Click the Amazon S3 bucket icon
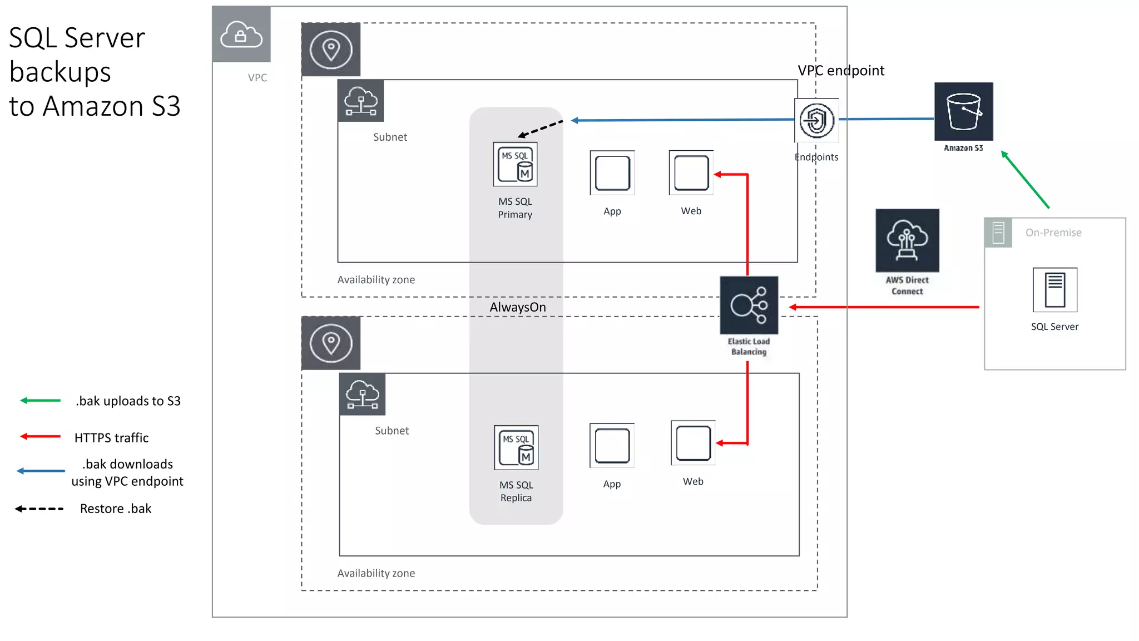pyautogui.click(x=963, y=111)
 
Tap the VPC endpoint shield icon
pyautogui.click(x=816, y=120)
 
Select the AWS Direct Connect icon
pyautogui.click(x=907, y=240)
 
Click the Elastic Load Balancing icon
pyautogui.click(x=749, y=305)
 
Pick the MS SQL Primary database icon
pyautogui.click(x=515, y=164)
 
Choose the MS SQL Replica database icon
pyautogui.click(x=516, y=448)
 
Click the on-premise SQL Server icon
pyautogui.click(x=1054, y=290)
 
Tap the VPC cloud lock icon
pyautogui.click(x=241, y=34)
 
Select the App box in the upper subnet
pyautogui.click(x=612, y=173)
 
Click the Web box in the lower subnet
pyautogui.click(x=693, y=443)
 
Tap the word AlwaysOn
pyautogui.click(x=517, y=307)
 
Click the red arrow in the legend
pyautogui.click(x=40, y=436)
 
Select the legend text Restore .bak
pyautogui.click(x=116, y=509)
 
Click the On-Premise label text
pyautogui.click(x=1053, y=233)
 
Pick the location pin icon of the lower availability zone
pyautogui.click(x=331, y=343)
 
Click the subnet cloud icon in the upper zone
pyautogui.click(x=360, y=101)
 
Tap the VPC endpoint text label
pyautogui.click(x=840, y=71)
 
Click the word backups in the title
pyautogui.click(x=60, y=72)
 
